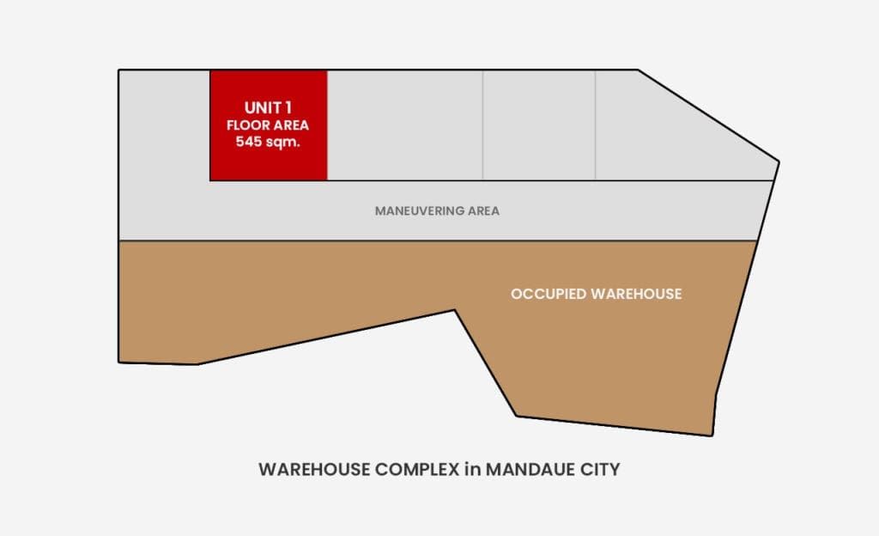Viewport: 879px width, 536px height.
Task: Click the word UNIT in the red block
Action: [263, 107]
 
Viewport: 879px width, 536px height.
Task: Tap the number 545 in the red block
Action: [247, 141]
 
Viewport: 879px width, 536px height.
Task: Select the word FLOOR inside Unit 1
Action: [245, 125]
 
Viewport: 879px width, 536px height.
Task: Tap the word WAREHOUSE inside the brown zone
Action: [636, 294]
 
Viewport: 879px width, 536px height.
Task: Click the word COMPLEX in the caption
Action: [417, 469]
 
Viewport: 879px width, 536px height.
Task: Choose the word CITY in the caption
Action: [600, 469]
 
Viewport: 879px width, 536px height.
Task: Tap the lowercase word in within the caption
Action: [473, 469]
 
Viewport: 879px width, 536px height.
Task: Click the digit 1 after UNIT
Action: [288, 107]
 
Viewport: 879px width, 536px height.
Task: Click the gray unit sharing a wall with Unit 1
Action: [405, 125]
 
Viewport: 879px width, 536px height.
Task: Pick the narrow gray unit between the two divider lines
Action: [539, 125]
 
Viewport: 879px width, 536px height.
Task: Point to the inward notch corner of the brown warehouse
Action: [455, 310]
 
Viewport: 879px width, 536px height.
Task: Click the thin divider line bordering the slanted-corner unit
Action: [596, 125]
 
